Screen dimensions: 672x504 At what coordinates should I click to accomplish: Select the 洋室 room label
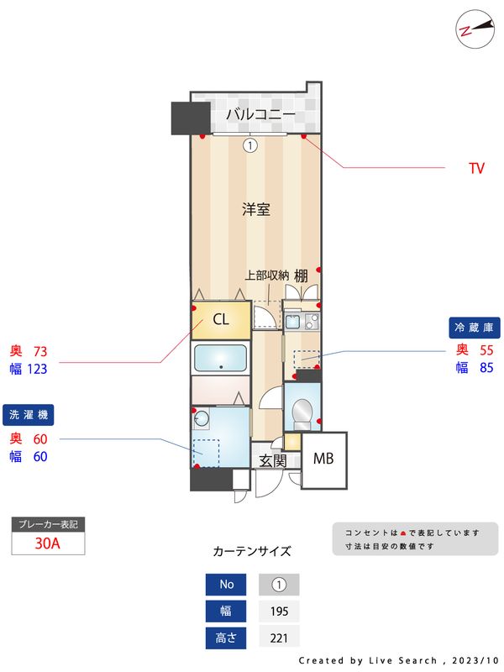(x=256, y=210)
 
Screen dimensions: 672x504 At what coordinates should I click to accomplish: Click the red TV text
(x=476, y=169)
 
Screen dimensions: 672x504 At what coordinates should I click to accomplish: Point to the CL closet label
(x=221, y=319)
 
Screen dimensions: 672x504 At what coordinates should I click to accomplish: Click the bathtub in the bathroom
(x=220, y=359)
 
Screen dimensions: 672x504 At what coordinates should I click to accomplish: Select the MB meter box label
(x=323, y=459)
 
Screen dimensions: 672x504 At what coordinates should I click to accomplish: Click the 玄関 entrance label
(x=272, y=460)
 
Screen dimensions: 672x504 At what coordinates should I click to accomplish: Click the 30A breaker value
(x=48, y=543)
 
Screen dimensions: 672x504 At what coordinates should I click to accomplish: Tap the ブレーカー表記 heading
(x=48, y=524)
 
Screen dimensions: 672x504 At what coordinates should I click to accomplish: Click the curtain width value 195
(x=279, y=612)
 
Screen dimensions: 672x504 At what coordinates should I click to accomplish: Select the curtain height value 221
(x=279, y=638)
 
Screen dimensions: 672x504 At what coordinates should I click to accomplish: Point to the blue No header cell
(x=227, y=585)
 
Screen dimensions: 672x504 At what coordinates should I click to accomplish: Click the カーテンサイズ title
(x=252, y=552)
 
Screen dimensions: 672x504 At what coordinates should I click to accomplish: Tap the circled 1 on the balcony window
(x=249, y=144)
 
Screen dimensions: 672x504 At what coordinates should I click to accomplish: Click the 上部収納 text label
(x=267, y=275)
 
